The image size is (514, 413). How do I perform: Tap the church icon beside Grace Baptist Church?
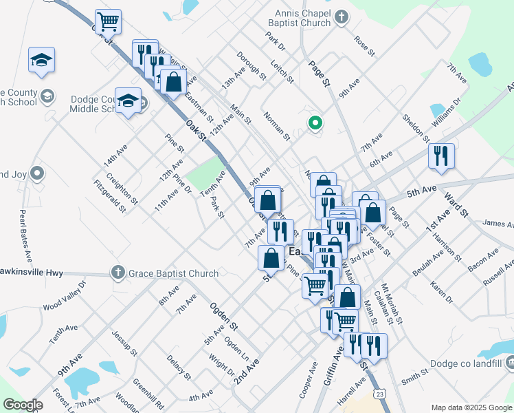pyautogui.click(x=118, y=273)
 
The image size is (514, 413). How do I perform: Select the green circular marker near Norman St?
pyautogui.click(x=315, y=124)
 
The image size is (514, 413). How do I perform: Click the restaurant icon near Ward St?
pyautogui.click(x=441, y=156)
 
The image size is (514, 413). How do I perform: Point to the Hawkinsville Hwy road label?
pyautogui.click(x=32, y=273)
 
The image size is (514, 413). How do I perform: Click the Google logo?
pyautogui.click(x=23, y=405)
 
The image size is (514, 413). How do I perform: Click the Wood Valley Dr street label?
pyautogui.click(x=65, y=295)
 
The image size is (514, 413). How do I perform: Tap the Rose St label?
pyautogui.click(x=364, y=45)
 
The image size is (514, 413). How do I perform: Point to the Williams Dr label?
pyautogui.click(x=447, y=112)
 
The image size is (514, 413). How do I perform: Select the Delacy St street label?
pyautogui.click(x=178, y=366)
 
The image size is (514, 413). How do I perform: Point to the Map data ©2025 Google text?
pyautogui.click(x=471, y=407)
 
